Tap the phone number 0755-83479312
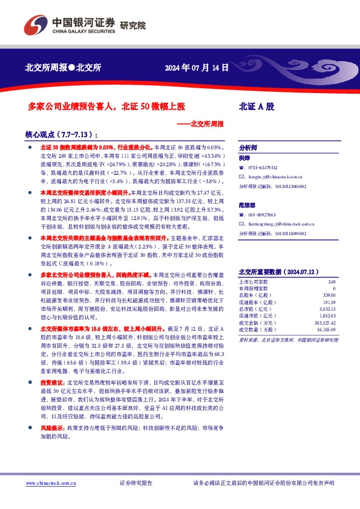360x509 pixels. [x=263, y=167]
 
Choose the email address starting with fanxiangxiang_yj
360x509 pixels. [x=281, y=223]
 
